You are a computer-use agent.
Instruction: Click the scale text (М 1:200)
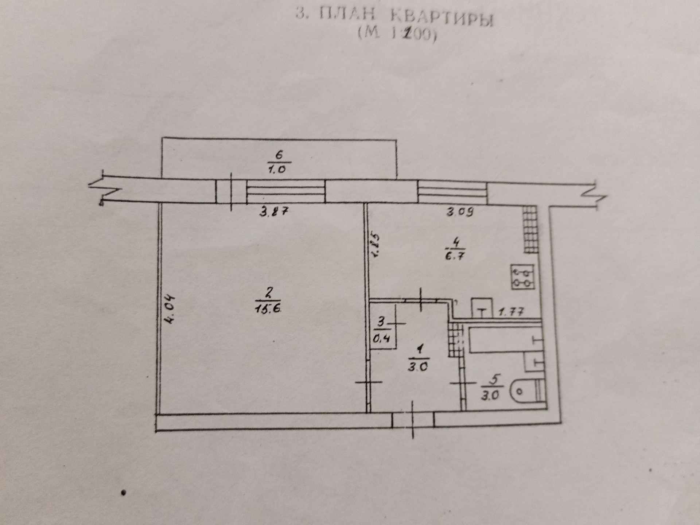(x=397, y=35)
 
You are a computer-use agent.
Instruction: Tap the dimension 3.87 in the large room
(x=275, y=211)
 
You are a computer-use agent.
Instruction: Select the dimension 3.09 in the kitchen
(x=460, y=212)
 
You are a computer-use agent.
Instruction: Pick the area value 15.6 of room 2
(x=269, y=308)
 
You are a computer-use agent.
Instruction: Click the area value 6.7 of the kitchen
(x=455, y=256)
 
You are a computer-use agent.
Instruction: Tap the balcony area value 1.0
(x=277, y=169)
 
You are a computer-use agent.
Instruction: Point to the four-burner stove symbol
(x=523, y=277)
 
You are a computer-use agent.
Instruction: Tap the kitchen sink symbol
(x=482, y=308)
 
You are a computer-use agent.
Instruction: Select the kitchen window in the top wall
(x=452, y=192)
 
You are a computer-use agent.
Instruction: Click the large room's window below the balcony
(x=285, y=192)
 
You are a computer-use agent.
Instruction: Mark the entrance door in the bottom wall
(x=413, y=420)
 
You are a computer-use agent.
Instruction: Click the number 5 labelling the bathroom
(x=494, y=379)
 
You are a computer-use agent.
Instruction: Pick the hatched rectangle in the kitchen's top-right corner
(x=531, y=229)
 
